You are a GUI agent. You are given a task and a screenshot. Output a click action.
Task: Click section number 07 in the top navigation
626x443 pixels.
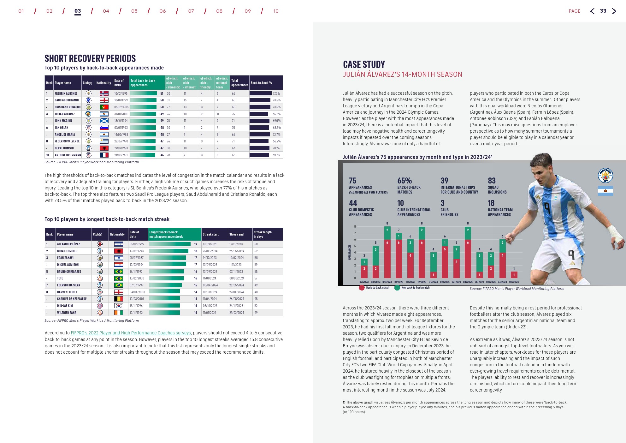pos(191,11)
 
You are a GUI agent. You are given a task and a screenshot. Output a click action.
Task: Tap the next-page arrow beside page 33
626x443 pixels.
pos(614,11)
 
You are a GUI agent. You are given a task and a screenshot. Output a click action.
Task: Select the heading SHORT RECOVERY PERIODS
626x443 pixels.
pos(90,58)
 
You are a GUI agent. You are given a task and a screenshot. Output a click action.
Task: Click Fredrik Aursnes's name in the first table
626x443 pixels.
pos(66,93)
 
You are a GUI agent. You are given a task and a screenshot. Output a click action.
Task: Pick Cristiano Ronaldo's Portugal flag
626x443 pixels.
pos(104,107)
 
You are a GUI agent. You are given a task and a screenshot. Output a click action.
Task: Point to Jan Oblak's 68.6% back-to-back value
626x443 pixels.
pos(276,128)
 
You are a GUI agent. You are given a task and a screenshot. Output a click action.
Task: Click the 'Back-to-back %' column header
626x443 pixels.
pos(261,83)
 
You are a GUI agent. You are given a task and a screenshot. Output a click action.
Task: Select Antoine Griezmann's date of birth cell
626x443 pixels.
pos(121,155)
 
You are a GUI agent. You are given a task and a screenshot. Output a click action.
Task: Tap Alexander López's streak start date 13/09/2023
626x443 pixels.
pos(210,244)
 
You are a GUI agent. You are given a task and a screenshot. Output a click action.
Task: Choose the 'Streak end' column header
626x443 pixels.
pos(236,234)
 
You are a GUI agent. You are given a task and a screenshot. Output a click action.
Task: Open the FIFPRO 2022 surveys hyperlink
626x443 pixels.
pos(131,333)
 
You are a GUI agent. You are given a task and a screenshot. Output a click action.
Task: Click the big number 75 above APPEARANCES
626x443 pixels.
pos(352,181)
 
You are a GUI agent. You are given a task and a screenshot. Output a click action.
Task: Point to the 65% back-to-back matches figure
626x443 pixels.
pos(405,181)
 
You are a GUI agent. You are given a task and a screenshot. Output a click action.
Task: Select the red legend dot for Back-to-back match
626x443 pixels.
pos(362,288)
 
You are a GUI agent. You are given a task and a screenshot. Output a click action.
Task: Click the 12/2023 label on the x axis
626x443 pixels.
pos(422,282)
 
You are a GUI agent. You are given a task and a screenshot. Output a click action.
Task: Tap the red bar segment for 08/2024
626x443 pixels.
pos(514,275)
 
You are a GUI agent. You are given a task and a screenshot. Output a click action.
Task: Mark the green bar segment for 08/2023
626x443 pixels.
pos(375,255)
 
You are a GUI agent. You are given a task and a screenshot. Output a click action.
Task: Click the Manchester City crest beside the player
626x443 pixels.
pos(605,175)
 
